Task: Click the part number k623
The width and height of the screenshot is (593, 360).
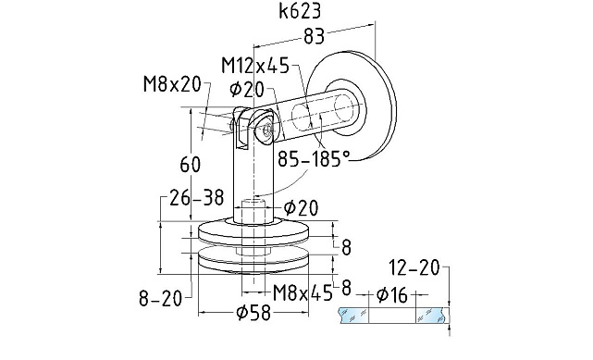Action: [x=300, y=11]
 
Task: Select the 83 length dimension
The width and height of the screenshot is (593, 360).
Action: [x=314, y=36]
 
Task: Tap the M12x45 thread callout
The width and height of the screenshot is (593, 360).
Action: [x=255, y=66]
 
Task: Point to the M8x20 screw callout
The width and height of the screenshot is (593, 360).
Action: [x=172, y=84]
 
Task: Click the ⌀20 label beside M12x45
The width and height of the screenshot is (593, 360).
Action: [x=246, y=90]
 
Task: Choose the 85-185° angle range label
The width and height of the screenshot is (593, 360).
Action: [x=314, y=159]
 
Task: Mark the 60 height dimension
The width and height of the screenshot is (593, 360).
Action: [x=191, y=165]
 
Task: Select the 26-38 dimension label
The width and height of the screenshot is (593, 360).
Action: [x=197, y=197]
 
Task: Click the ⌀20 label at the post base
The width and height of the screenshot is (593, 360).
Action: [x=301, y=207]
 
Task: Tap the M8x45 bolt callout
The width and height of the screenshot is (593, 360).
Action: [x=303, y=292]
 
